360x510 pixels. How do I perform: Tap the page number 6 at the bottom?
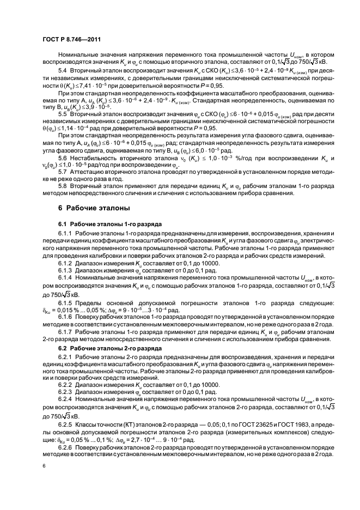[44, 466]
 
